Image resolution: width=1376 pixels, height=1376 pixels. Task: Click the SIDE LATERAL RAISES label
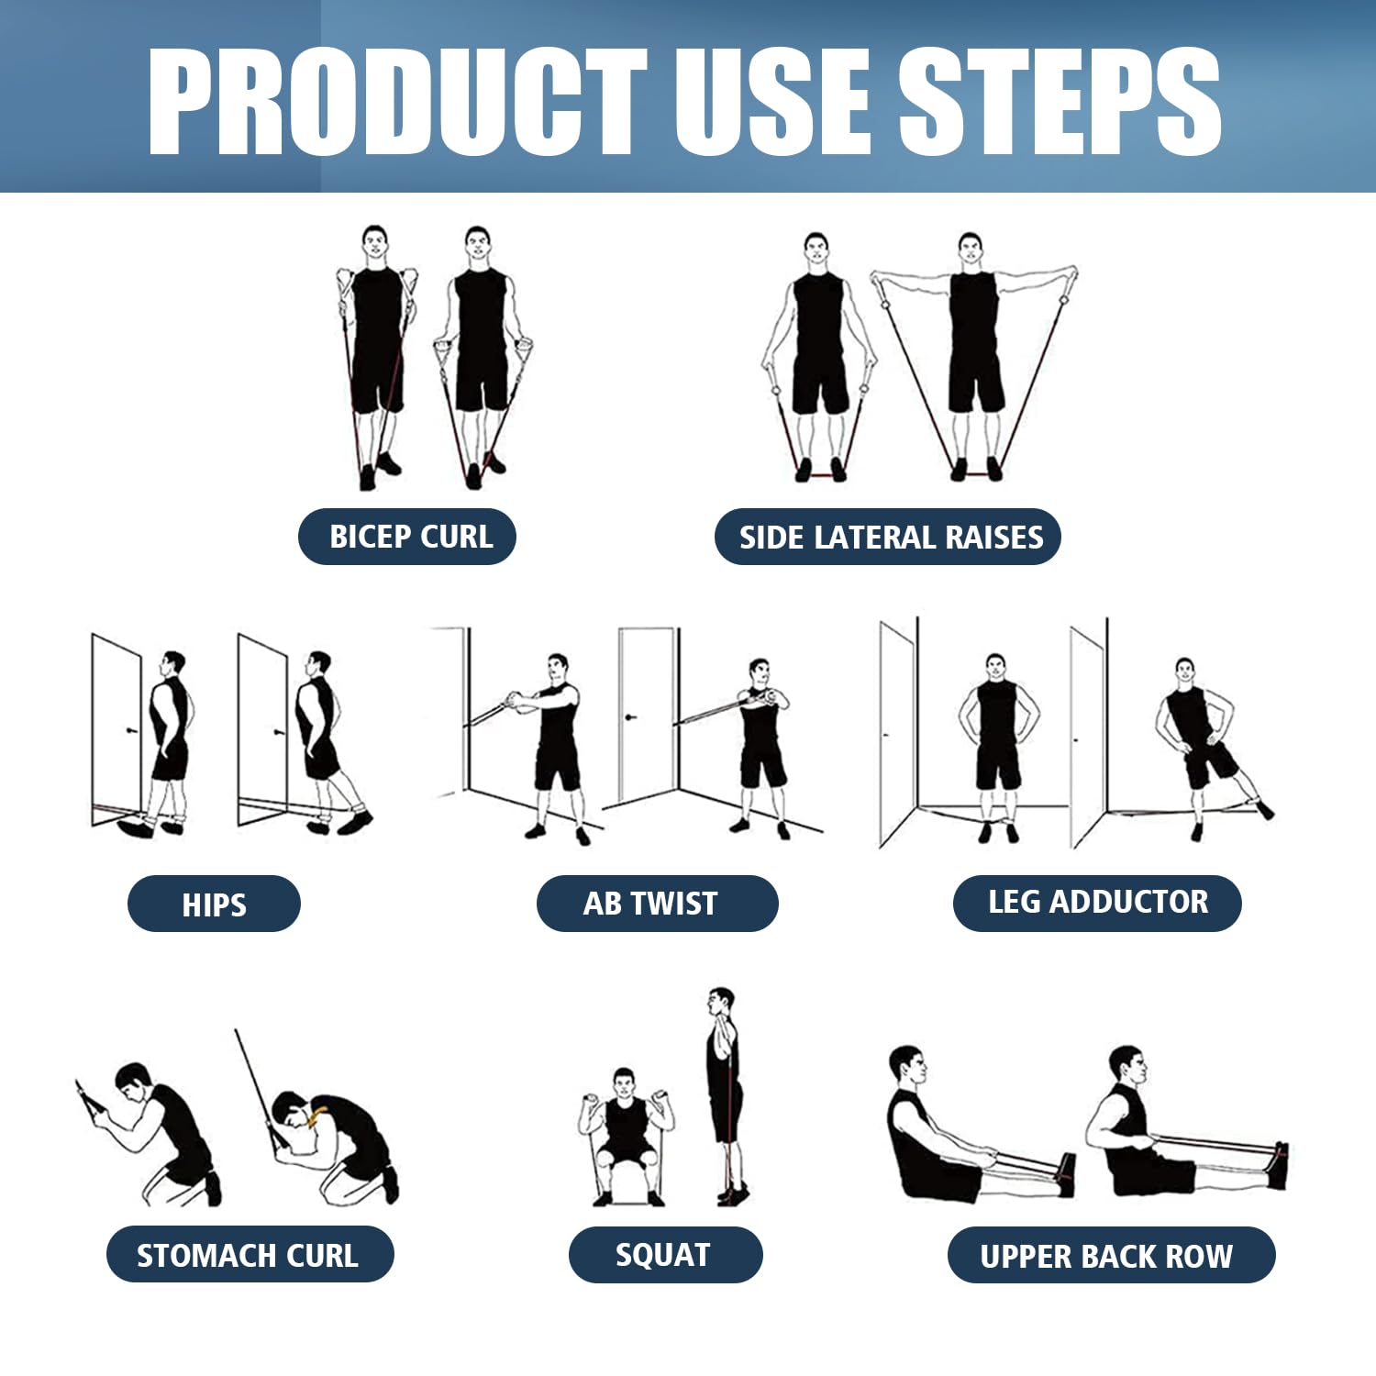tap(888, 537)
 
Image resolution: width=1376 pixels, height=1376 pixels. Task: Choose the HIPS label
tap(214, 904)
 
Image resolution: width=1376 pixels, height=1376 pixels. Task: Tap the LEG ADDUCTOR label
tap(1097, 903)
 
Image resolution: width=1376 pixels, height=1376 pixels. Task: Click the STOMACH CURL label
tap(250, 1254)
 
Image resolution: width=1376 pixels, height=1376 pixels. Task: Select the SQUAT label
tap(665, 1254)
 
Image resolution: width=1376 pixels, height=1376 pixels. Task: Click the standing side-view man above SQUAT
tap(724, 1092)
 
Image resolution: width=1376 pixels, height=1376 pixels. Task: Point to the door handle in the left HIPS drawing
tap(131, 731)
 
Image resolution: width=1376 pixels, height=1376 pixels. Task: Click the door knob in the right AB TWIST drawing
tap(630, 716)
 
